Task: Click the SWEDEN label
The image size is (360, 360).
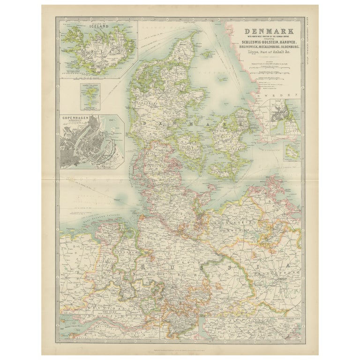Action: [x=286, y=96]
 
